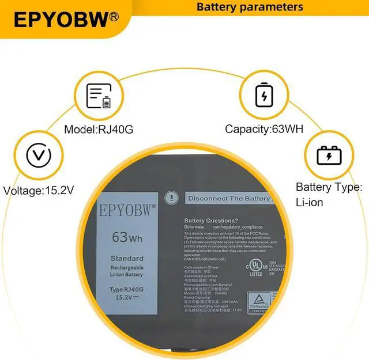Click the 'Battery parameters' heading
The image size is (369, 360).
coord(250,7)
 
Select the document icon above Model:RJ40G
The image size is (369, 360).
coord(99,96)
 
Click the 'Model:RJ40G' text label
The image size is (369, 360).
coord(99,130)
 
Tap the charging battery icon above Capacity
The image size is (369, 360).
coord(263,96)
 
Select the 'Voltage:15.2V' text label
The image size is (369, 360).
coord(39,190)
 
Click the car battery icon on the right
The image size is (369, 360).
coord(329,156)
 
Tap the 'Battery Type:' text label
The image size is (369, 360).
coord(329,187)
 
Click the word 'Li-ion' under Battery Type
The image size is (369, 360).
coord(310,202)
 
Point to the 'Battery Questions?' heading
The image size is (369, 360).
coord(210,221)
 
